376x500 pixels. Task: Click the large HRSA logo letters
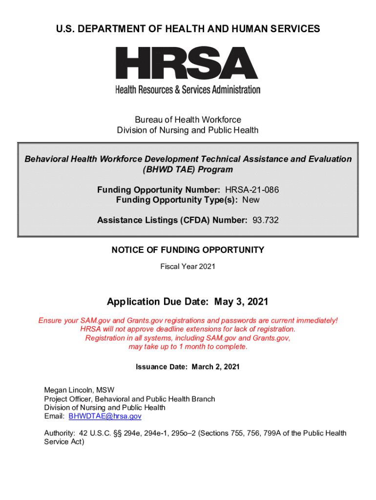(187, 63)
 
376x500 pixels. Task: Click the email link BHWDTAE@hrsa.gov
(105, 416)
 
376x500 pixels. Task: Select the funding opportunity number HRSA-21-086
(252, 189)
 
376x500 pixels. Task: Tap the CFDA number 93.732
(266, 220)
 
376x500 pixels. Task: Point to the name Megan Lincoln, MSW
(79, 390)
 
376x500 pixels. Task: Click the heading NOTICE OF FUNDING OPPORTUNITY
(188, 250)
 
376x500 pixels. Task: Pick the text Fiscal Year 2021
(188, 267)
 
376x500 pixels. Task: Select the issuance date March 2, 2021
(215, 367)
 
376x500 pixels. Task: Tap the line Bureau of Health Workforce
(188, 120)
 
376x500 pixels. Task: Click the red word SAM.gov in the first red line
(84, 320)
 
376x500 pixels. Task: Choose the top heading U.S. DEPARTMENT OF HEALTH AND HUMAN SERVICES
(188, 29)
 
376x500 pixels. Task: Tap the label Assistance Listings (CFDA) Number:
(172, 220)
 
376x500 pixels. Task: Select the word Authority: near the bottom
(60, 433)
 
